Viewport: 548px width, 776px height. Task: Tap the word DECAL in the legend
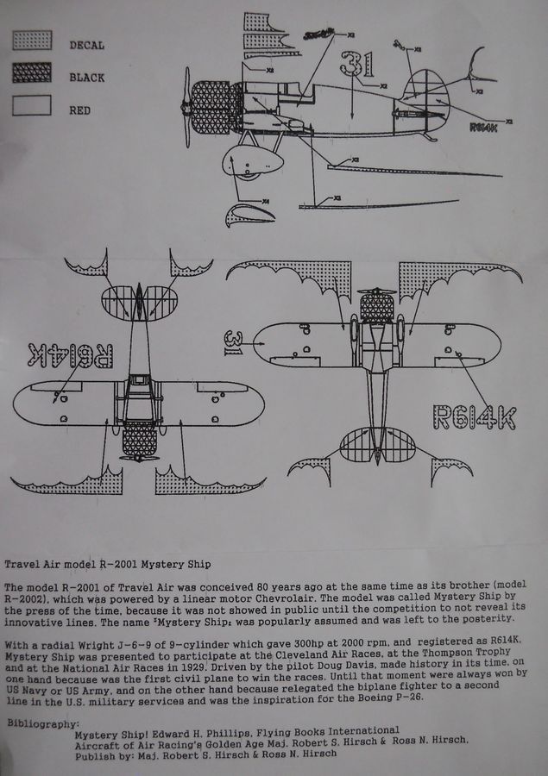[x=86, y=45]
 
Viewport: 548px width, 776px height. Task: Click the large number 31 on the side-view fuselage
[x=356, y=63]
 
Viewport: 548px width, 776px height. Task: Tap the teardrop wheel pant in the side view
[x=252, y=159]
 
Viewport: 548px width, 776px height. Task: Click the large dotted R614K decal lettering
[x=473, y=418]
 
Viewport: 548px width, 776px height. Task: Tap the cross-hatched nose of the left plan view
[x=139, y=442]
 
